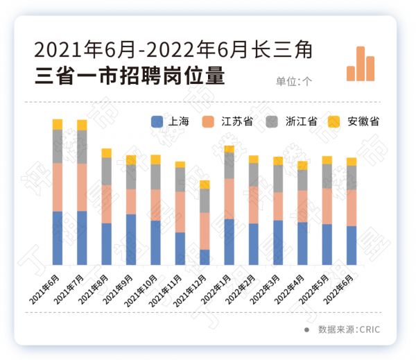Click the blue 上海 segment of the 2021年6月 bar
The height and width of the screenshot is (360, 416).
58,238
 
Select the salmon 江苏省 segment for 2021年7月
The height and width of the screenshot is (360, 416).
82,187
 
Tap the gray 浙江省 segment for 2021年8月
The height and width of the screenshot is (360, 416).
106,171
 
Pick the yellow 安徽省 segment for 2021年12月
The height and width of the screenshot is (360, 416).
205,185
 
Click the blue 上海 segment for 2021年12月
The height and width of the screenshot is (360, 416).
205,257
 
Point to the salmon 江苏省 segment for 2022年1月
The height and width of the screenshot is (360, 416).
229,198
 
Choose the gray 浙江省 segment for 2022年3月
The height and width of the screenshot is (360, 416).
278,178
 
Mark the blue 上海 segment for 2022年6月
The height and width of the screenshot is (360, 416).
352,246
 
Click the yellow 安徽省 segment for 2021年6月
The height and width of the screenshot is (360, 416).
58,124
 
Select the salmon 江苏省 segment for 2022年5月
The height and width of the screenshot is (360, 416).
327,206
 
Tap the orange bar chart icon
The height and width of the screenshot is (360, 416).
361,65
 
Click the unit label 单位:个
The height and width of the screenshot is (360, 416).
294,80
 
